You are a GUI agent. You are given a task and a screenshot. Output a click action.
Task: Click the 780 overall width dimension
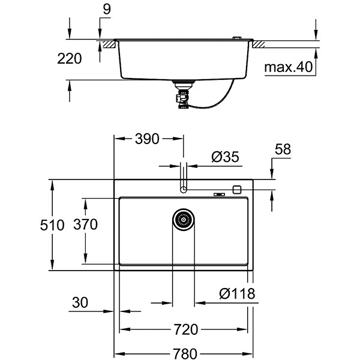coord(185,353)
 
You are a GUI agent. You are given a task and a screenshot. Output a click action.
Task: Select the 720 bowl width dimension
coord(185,329)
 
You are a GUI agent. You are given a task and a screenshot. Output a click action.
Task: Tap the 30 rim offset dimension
coord(80,302)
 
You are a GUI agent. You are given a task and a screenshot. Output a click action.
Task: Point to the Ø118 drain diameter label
coord(237,293)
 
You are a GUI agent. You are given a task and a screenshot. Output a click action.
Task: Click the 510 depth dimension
coord(52,225)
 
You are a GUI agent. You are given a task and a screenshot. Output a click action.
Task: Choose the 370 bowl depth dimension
coord(85,224)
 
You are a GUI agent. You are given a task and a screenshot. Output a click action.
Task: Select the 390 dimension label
coord(147,139)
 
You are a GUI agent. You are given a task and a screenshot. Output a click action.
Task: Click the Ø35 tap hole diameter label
coord(225,157)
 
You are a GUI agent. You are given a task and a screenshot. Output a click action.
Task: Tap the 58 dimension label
coord(283,149)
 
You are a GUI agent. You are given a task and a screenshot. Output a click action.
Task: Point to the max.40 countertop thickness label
coord(289,67)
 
